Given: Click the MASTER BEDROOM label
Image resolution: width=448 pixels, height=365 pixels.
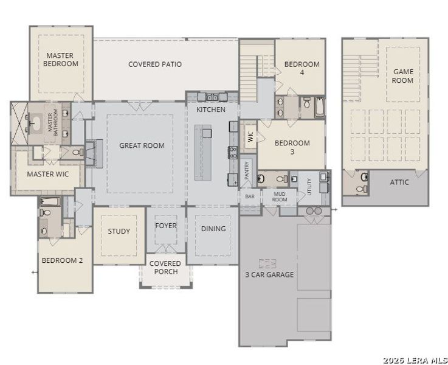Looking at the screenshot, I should (61, 60).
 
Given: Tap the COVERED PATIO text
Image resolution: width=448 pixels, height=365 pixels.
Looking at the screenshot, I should (155, 64).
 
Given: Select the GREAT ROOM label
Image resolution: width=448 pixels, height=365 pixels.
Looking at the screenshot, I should (142, 145).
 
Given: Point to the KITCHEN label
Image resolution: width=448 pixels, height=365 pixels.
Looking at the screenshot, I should (211, 110).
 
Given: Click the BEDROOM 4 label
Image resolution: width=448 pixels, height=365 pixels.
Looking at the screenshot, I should (302, 68).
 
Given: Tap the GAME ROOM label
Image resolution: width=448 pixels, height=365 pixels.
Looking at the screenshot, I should (402, 76).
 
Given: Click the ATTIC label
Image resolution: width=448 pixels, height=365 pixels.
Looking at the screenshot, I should (399, 182).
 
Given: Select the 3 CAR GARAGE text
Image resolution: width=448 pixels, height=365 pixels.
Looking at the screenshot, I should (269, 275).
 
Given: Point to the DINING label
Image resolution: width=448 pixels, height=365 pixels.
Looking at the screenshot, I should (213, 229).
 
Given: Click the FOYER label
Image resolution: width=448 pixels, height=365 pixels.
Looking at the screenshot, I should (166, 226).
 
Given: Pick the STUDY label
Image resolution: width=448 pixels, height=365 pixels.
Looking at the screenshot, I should (119, 231).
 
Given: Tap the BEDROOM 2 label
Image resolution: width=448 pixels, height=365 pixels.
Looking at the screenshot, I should (62, 260).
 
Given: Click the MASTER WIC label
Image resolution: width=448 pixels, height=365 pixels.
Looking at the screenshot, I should (48, 175).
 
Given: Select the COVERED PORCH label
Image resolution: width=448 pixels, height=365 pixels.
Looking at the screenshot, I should (164, 268).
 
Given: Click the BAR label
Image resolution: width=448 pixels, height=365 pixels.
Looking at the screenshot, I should (250, 196).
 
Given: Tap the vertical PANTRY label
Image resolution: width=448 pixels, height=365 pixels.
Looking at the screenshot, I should (247, 170).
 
